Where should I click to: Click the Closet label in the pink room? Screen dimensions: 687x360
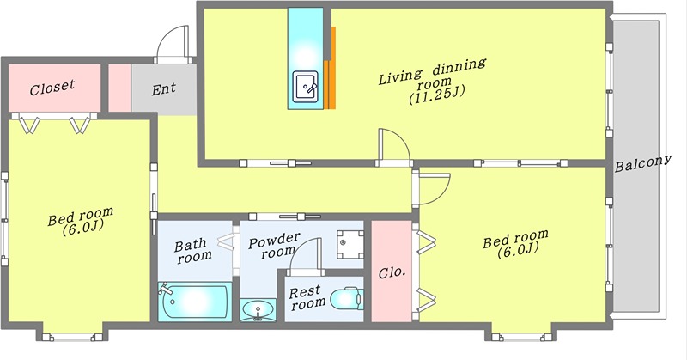[x=52, y=88]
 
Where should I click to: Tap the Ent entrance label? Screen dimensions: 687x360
[x=164, y=89]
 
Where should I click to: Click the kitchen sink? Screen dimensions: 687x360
[x=306, y=85]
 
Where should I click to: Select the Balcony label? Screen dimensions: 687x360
[x=642, y=163]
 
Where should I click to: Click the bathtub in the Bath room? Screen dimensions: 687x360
[x=194, y=302]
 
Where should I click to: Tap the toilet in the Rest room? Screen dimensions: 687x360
[x=347, y=299]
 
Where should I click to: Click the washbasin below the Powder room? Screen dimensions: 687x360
[x=258, y=310]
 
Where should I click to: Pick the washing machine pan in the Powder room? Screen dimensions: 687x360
[x=350, y=245]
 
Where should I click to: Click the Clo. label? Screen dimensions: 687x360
[x=392, y=272]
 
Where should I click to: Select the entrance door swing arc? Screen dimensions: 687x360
[x=173, y=45]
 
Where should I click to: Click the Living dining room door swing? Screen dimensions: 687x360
[x=394, y=146]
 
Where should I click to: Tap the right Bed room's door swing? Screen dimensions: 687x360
[x=433, y=188]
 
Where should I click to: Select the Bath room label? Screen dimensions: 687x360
[x=192, y=250]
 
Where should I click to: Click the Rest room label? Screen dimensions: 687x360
[x=307, y=298]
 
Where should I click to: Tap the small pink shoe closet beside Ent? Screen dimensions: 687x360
[x=119, y=88]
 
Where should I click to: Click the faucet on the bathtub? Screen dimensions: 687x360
[x=166, y=290]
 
